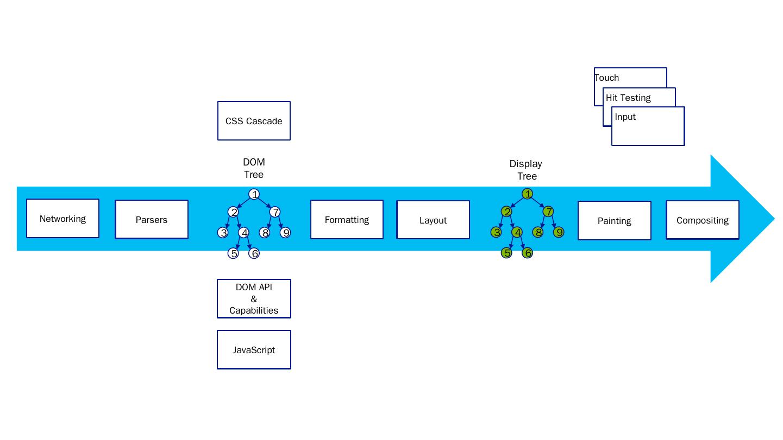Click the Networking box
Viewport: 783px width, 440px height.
[x=62, y=219]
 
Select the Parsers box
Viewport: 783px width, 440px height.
[x=152, y=220]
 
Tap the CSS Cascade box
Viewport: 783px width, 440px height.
[x=254, y=121]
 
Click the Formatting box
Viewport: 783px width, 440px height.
[x=347, y=220]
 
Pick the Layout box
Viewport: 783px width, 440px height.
[x=433, y=220]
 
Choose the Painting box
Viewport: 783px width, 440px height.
[x=614, y=221]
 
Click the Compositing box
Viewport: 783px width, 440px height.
[x=702, y=220]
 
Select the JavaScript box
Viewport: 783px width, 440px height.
[x=254, y=350]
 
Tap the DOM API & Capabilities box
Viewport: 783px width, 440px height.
[x=254, y=299]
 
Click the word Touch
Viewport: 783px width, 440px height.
[x=607, y=78]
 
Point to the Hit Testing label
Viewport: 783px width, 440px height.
[x=628, y=98]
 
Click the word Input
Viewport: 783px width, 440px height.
[x=625, y=117]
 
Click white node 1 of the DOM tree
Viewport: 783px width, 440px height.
[x=254, y=194]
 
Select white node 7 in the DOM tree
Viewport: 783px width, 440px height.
[x=275, y=212]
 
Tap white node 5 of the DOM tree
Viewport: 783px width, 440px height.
[x=233, y=253]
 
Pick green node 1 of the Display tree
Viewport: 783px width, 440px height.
[x=527, y=194]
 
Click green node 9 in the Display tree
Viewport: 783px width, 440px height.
[x=559, y=232]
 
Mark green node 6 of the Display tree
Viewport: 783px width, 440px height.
[x=527, y=253]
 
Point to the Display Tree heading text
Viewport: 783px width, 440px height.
[x=526, y=170]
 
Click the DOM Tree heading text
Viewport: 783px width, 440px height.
[x=254, y=168]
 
